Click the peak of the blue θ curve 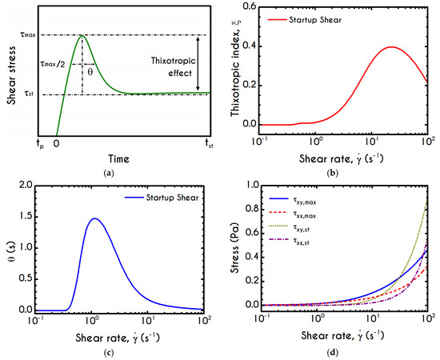(x=95, y=218)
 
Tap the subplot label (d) (x=340, y=353)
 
